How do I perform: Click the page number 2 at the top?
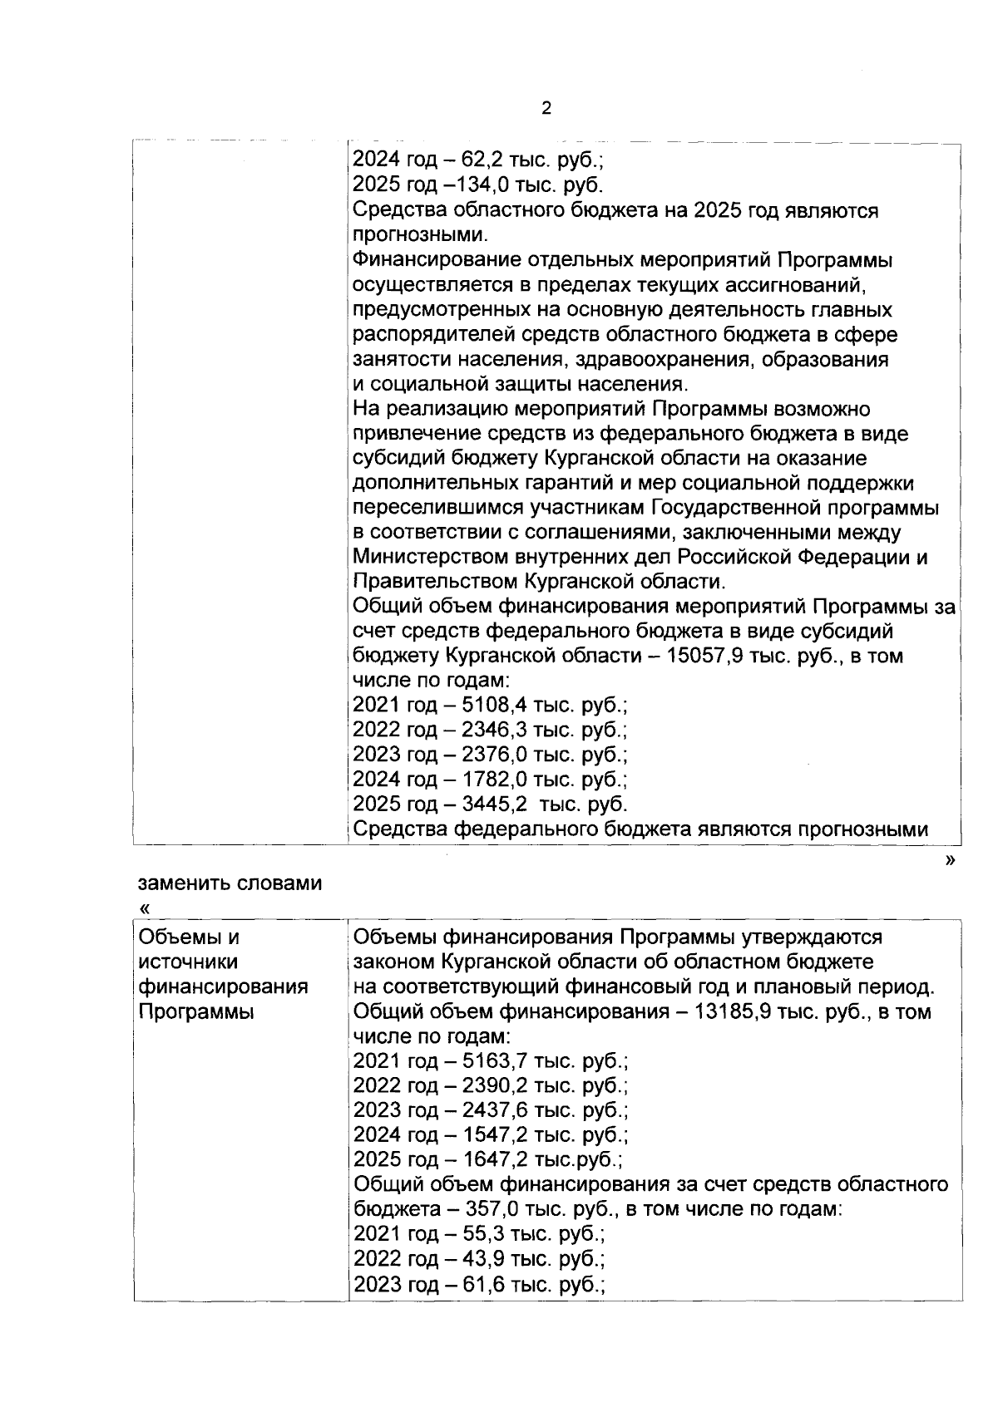pyautogui.click(x=546, y=108)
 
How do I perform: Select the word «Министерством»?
pyautogui.click(x=436, y=558)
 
